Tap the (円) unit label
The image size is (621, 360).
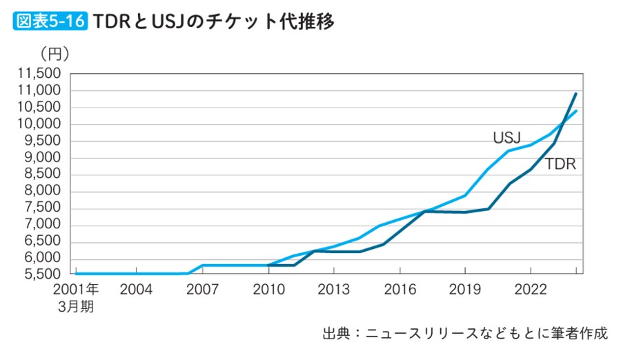click(x=55, y=53)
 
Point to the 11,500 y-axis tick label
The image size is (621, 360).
click(x=39, y=74)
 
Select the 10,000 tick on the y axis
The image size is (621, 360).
click(x=39, y=124)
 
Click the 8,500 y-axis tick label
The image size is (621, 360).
click(x=43, y=175)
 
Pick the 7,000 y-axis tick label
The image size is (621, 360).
click(x=43, y=226)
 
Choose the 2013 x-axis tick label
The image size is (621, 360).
click(x=333, y=288)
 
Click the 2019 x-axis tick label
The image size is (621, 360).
click(x=464, y=288)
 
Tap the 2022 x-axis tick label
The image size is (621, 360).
click(x=529, y=288)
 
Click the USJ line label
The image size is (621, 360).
click(x=506, y=137)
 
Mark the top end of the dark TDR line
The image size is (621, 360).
click(x=576, y=94)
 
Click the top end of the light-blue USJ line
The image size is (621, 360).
click(x=576, y=111)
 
